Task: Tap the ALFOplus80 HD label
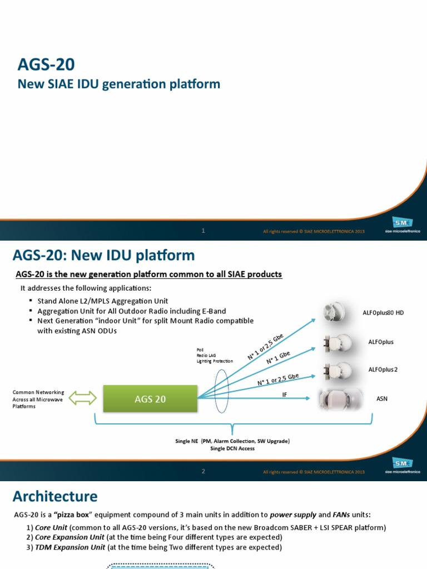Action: (386, 313)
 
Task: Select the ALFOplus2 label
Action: (383, 370)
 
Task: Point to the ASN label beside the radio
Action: (383, 398)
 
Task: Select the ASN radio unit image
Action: (340, 399)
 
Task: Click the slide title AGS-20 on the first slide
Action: (46, 65)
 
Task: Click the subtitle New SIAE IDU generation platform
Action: (119, 84)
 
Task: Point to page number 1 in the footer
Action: (203, 230)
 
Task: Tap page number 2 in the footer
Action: (203, 471)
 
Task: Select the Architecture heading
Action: (55, 496)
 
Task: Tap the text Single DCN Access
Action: (232, 448)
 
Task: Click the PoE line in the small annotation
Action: (200, 350)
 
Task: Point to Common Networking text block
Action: (38, 399)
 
